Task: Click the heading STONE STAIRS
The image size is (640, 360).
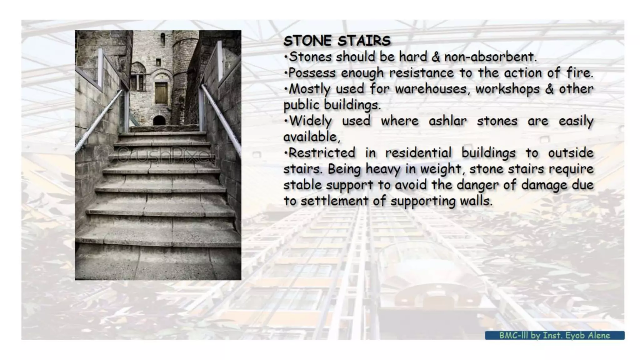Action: tap(337, 41)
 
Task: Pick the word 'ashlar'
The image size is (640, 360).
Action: tap(447, 121)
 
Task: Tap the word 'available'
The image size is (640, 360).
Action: tap(311, 137)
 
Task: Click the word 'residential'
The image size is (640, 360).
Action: tap(418, 153)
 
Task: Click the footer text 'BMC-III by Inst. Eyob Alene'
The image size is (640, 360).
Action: tap(554, 335)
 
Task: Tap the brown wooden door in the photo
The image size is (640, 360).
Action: tap(161, 93)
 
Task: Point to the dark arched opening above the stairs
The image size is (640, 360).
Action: tap(159, 120)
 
